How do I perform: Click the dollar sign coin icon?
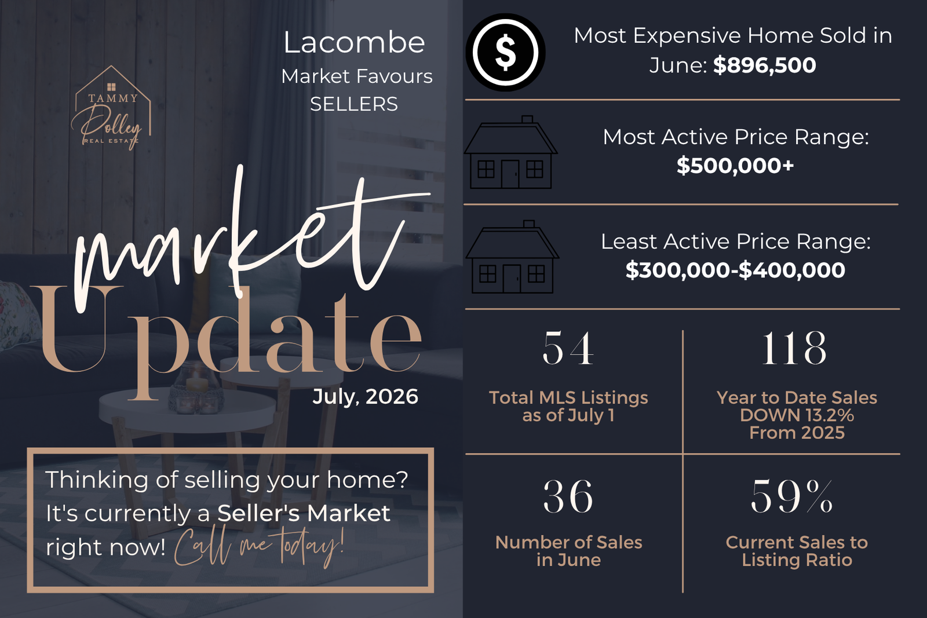click(505, 53)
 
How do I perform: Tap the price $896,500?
click(764, 65)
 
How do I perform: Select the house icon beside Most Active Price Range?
click(510, 152)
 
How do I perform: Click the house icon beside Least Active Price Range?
click(512, 257)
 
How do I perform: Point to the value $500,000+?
click(735, 166)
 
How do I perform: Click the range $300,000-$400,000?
click(735, 270)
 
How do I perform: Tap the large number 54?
click(568, 348)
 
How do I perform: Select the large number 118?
click(794, 348)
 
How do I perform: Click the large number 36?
click(568, 496)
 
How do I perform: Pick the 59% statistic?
click(791, 496)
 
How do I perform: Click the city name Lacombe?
click(354, 43)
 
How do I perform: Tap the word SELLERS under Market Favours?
click(354, 104)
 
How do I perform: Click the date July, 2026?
click(366, 396)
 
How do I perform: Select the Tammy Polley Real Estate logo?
click(111, 108)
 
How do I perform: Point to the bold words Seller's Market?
click(304, 513)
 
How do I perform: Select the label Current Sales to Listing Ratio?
click(797, 551)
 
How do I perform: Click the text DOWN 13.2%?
click(797, 415)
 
